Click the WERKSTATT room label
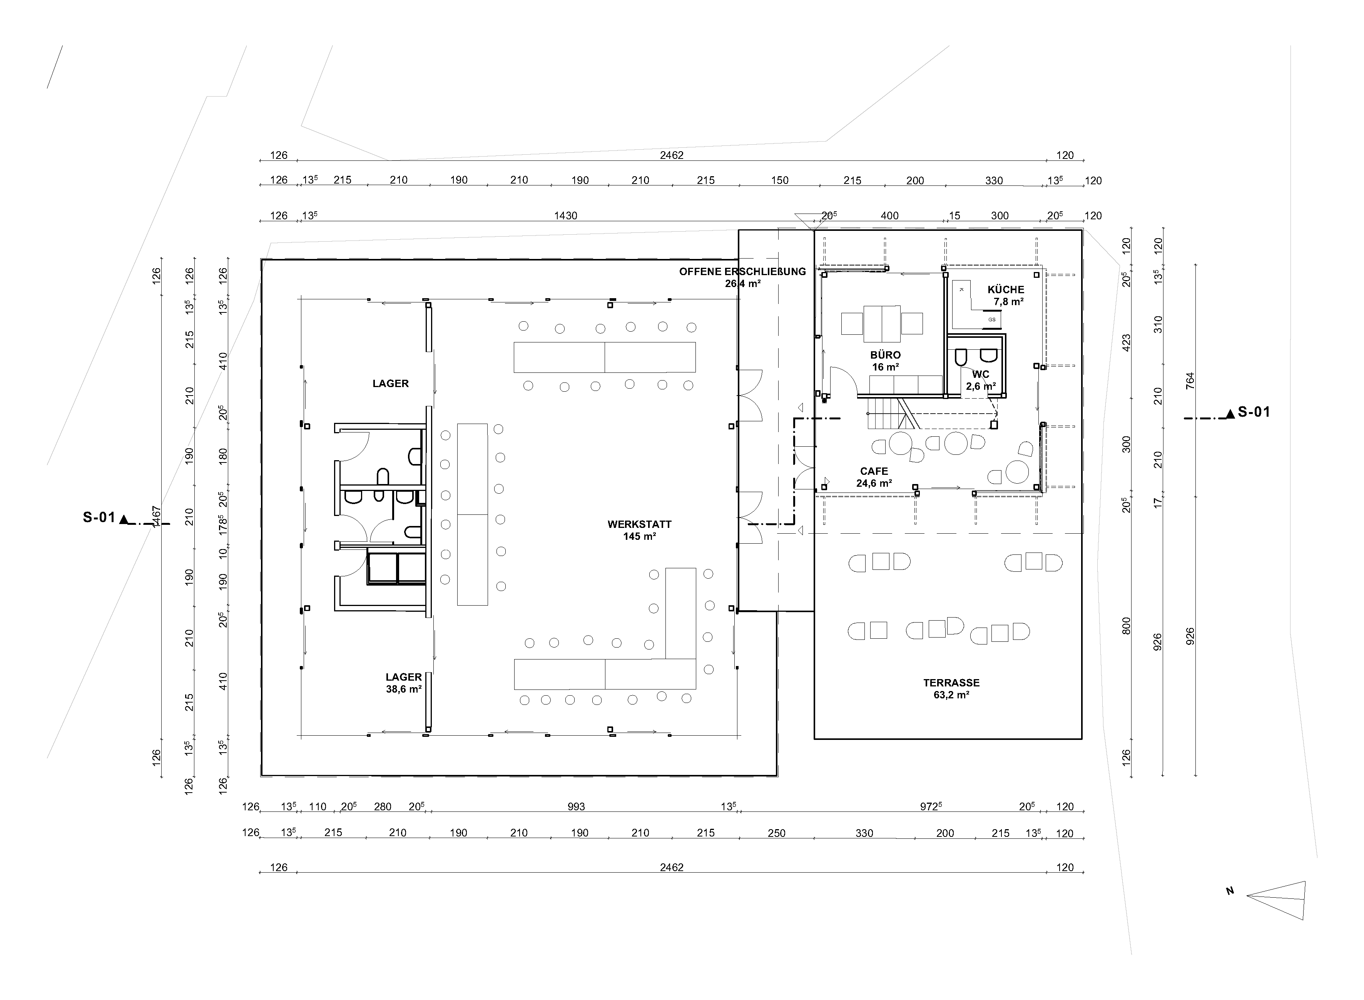click(639, 524)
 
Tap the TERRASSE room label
click(951, 683)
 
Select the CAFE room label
click(874, 471)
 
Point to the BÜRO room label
click(886, 355)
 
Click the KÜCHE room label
click(1006, 289)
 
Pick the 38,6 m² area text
click(404, 689)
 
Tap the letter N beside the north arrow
click(1230, 891)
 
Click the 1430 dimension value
click(565, 215)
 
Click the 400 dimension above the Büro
click(889, 215)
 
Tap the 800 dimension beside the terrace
click(1126, 625)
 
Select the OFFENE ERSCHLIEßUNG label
click(742, 271)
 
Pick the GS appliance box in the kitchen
click(992, 319)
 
